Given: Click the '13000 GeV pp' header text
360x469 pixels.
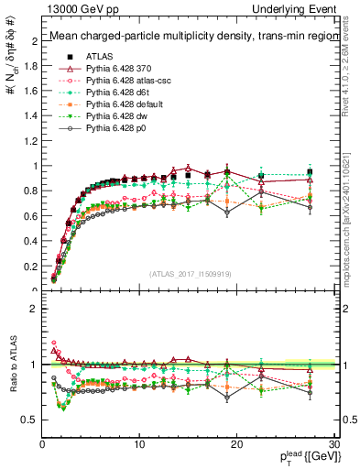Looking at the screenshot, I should [75, 9].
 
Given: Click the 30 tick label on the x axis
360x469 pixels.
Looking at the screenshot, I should [334, 444].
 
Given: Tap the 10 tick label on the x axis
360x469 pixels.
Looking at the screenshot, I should [139, 444].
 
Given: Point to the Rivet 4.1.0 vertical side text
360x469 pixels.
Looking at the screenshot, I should [352, 69].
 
